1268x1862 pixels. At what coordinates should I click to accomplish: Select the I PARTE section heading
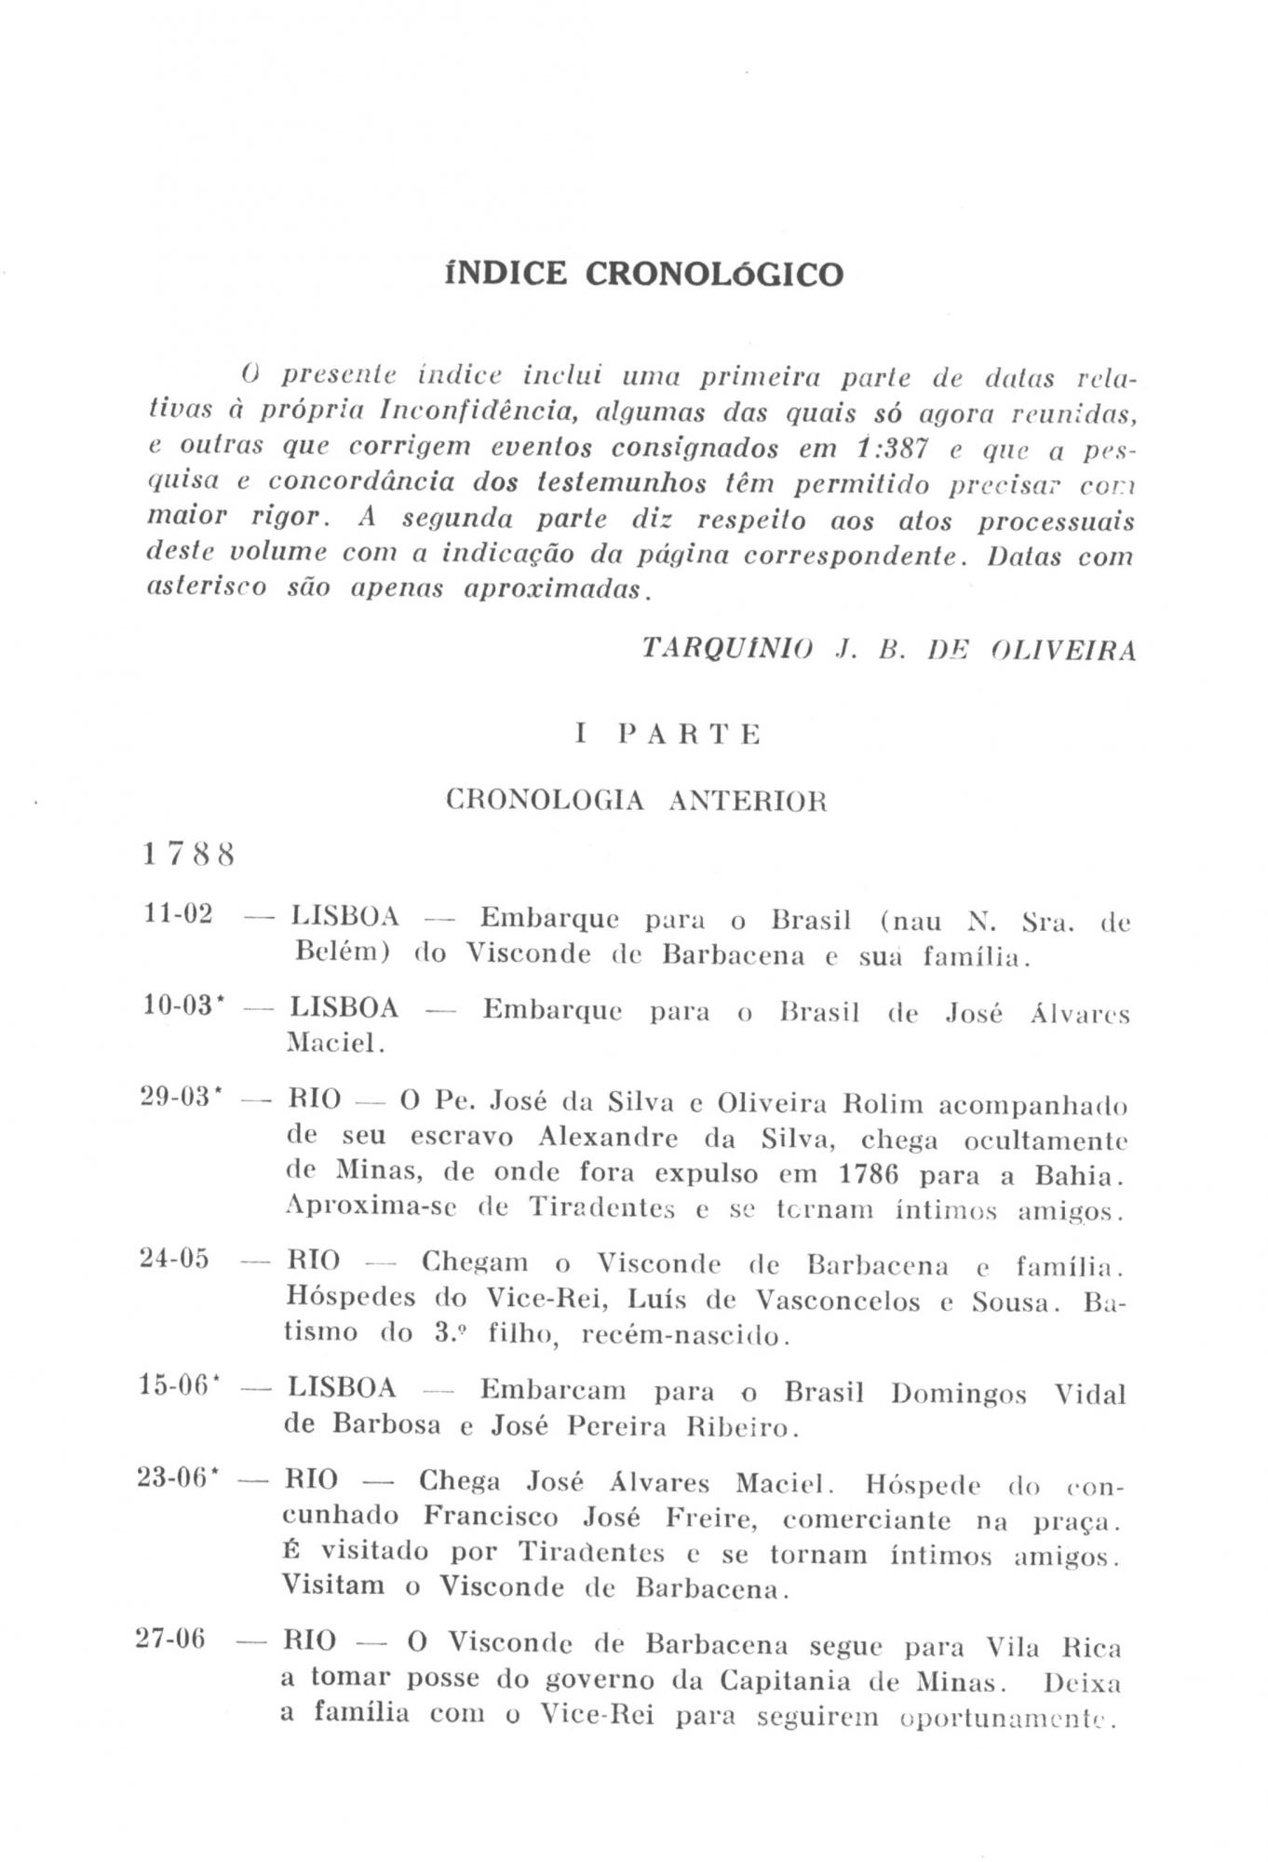[668, 735]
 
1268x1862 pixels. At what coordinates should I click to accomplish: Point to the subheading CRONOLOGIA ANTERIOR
[636, 801]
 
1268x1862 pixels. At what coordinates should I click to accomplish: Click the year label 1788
[188, 854]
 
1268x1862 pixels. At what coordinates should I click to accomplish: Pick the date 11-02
[178, 914]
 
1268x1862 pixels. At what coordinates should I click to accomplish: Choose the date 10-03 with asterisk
[183, 1006]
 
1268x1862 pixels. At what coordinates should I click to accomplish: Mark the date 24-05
[175, 1260]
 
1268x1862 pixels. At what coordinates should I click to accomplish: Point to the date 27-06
[171, 1639]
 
